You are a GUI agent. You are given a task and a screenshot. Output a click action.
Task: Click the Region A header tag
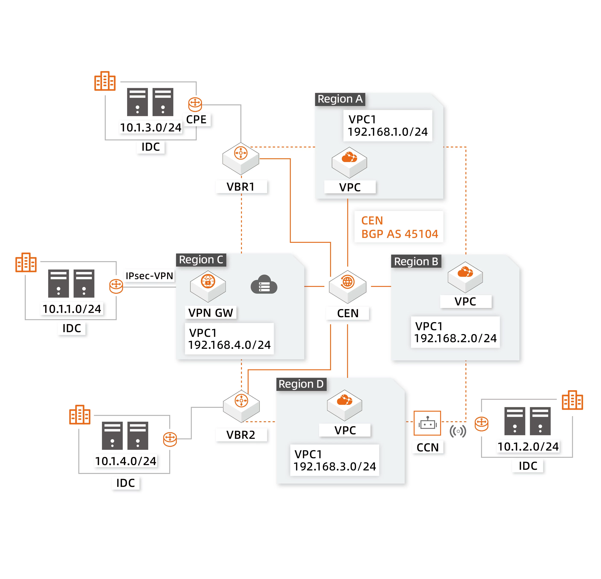pos(340,99)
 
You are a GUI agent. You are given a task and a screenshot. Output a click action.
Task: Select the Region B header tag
pos(416,261)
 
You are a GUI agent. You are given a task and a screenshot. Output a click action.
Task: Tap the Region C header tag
pos(201,259)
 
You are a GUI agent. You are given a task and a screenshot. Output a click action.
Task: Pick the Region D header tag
pos(301,384)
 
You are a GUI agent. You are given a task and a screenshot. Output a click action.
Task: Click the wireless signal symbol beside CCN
pos(458,431)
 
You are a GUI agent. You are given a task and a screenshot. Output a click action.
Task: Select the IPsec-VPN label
pos(149,276)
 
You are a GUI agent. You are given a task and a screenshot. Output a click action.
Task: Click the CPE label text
pos(196,119)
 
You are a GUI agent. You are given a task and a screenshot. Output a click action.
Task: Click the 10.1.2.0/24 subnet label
pos(528,446)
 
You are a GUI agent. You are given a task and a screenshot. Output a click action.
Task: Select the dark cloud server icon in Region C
pos(264,285)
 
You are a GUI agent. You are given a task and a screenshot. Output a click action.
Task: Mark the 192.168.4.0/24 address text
pos(229,345)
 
